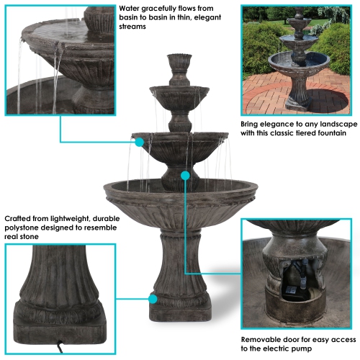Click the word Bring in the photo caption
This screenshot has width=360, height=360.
253,124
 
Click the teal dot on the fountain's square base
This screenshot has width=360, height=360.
152,297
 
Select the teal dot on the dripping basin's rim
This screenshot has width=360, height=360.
139,143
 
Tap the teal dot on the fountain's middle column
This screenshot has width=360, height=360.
186,175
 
